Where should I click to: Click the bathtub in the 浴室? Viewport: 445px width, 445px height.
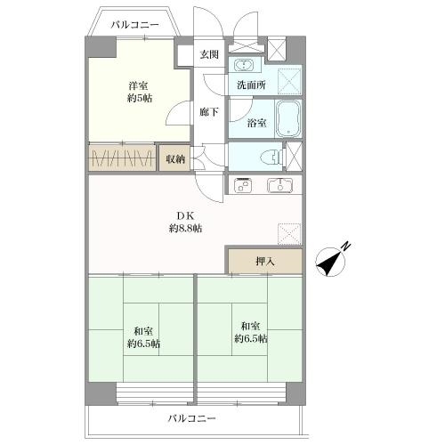click(x=288, y=117)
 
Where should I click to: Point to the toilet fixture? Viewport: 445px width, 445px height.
click(x=267, y=156)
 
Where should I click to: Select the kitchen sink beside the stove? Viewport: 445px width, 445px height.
click(x=280, y=186)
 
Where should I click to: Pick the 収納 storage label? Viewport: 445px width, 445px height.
click(x=175, y=158)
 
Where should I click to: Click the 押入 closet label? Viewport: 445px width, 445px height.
click(x=264, y=262)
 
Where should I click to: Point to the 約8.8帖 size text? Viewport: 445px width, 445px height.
click(x=185, y=229)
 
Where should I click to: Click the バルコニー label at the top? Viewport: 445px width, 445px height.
click(x=135, y=25)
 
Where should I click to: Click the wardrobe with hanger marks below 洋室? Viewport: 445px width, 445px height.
click(x=123, y=158)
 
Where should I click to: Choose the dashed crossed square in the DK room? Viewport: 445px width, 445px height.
click(x=289, y=234)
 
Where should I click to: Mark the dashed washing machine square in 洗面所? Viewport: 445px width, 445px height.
click(x=288, y=79)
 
